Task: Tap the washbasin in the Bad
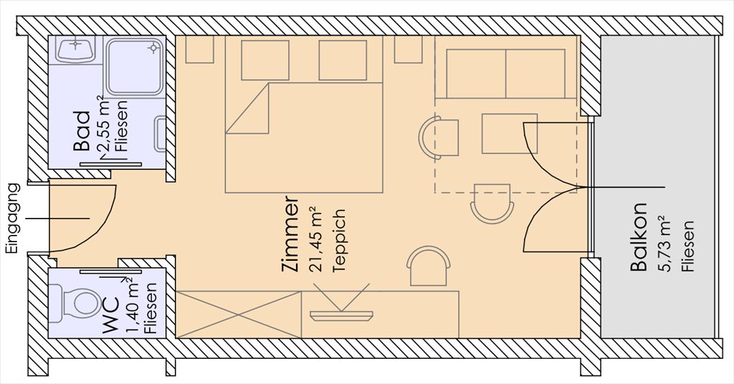point(75,49)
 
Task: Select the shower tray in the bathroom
point(135,67)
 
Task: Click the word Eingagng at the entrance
point(14,219)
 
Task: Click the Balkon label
point(639,237)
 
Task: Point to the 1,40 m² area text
point(133,305)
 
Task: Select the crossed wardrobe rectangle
point(239,315)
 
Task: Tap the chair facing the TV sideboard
point(429,266)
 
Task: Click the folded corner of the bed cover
point(247,108)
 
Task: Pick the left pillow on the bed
point(265,60)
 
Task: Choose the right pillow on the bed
point(343,60)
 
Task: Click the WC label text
point(111,312)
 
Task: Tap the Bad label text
point(82,131)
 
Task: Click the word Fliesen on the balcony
point(687,246)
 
